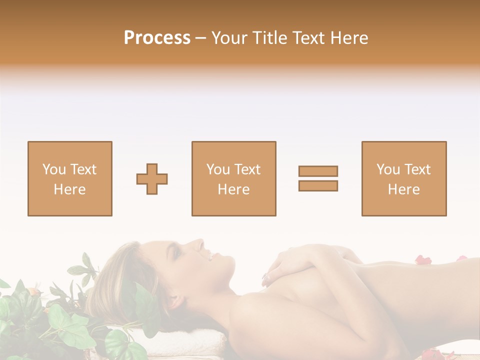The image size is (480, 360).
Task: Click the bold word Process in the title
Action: tap(157, 38)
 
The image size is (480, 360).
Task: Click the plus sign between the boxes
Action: tap(152, 179)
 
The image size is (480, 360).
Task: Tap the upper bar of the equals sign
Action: tap(318, 171)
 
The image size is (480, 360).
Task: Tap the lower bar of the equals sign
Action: tap(318, 185)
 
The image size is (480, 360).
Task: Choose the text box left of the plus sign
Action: tap(70, 178)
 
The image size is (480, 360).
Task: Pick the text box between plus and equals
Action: tap(233, 178)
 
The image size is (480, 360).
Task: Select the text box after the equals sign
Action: tap(404, 178)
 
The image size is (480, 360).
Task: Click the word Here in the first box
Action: tap(69, 189)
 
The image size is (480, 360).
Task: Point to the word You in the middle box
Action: tap(218, 169)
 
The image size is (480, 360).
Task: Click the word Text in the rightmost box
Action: tap(418, 169)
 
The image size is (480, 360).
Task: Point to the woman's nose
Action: tap(200, 244)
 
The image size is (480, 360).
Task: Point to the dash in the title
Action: tap(200, 38)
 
